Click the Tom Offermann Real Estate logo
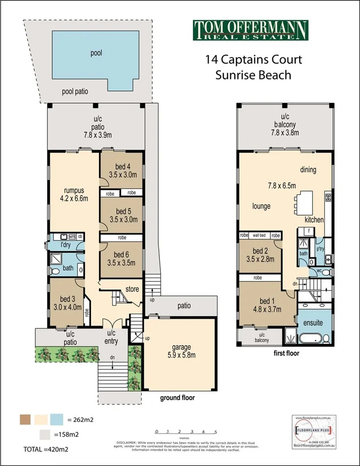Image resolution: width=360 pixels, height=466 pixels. pyautogui.click(x=250, y=30)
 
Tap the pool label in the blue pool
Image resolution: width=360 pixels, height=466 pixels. pyautogui.click(x=97, y=52)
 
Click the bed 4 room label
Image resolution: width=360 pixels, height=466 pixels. pyautogui.click(x=120, y=171)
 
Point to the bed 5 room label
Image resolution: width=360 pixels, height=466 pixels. pyautogui.click(x=120, y=216)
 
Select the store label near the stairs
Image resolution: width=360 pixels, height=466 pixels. pyautogui.click(x=133, y=289)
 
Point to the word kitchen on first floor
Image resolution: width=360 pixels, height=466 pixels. pyautogui.click(x=314, y=220)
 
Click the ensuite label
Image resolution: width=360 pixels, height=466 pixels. pyautogui.click(x=313, y=323)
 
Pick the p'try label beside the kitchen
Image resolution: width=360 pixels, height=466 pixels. pyautogui.click(x=319, y=248)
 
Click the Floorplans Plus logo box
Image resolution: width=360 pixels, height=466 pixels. pyautogui.click(x=311, y=430)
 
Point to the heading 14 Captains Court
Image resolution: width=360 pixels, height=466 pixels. pyautogui.click(x=253, y=60)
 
